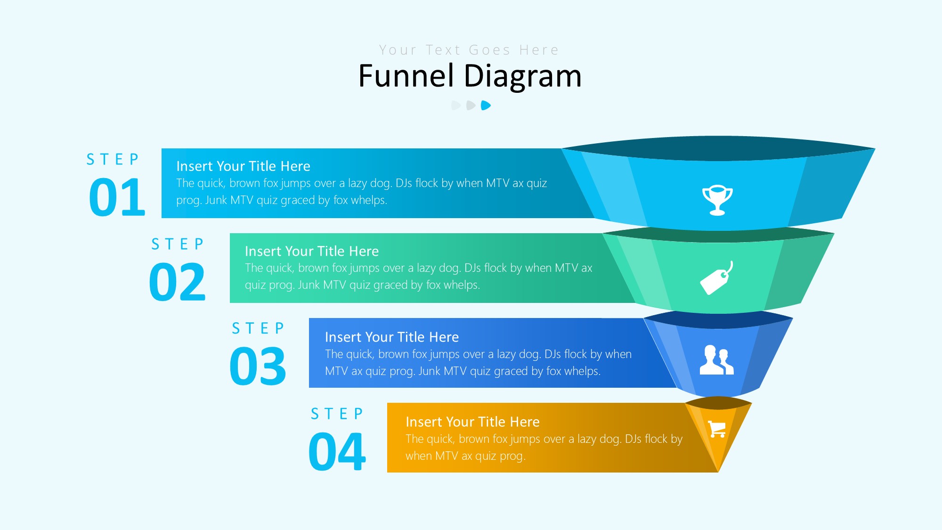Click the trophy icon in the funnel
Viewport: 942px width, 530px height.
coord(717,200)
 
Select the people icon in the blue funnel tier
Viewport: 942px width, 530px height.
coord(716,360)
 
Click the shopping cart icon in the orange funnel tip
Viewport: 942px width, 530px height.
coord(717,429)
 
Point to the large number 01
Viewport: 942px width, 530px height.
coord(117,197)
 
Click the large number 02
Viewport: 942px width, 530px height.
coord(178,282)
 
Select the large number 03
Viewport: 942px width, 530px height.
coord(258,366)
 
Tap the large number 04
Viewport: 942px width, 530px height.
coord(337,451)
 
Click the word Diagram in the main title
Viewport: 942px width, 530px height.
coord(523,76)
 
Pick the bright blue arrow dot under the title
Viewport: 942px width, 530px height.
coord(486,106)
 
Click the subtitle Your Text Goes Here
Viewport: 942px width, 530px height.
coord(469,50)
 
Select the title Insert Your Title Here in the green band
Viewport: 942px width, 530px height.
coord(312,251)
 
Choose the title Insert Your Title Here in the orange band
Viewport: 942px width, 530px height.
coord(473,422)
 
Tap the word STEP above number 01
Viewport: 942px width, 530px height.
coord(113,159)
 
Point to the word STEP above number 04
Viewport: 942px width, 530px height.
coord(337,414)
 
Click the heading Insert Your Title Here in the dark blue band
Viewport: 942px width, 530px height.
coord(392,337)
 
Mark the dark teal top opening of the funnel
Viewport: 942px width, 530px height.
coord(718,148)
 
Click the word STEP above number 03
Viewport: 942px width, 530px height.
coord(258,328)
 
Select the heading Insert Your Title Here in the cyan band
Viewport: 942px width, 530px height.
coord(244,166)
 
